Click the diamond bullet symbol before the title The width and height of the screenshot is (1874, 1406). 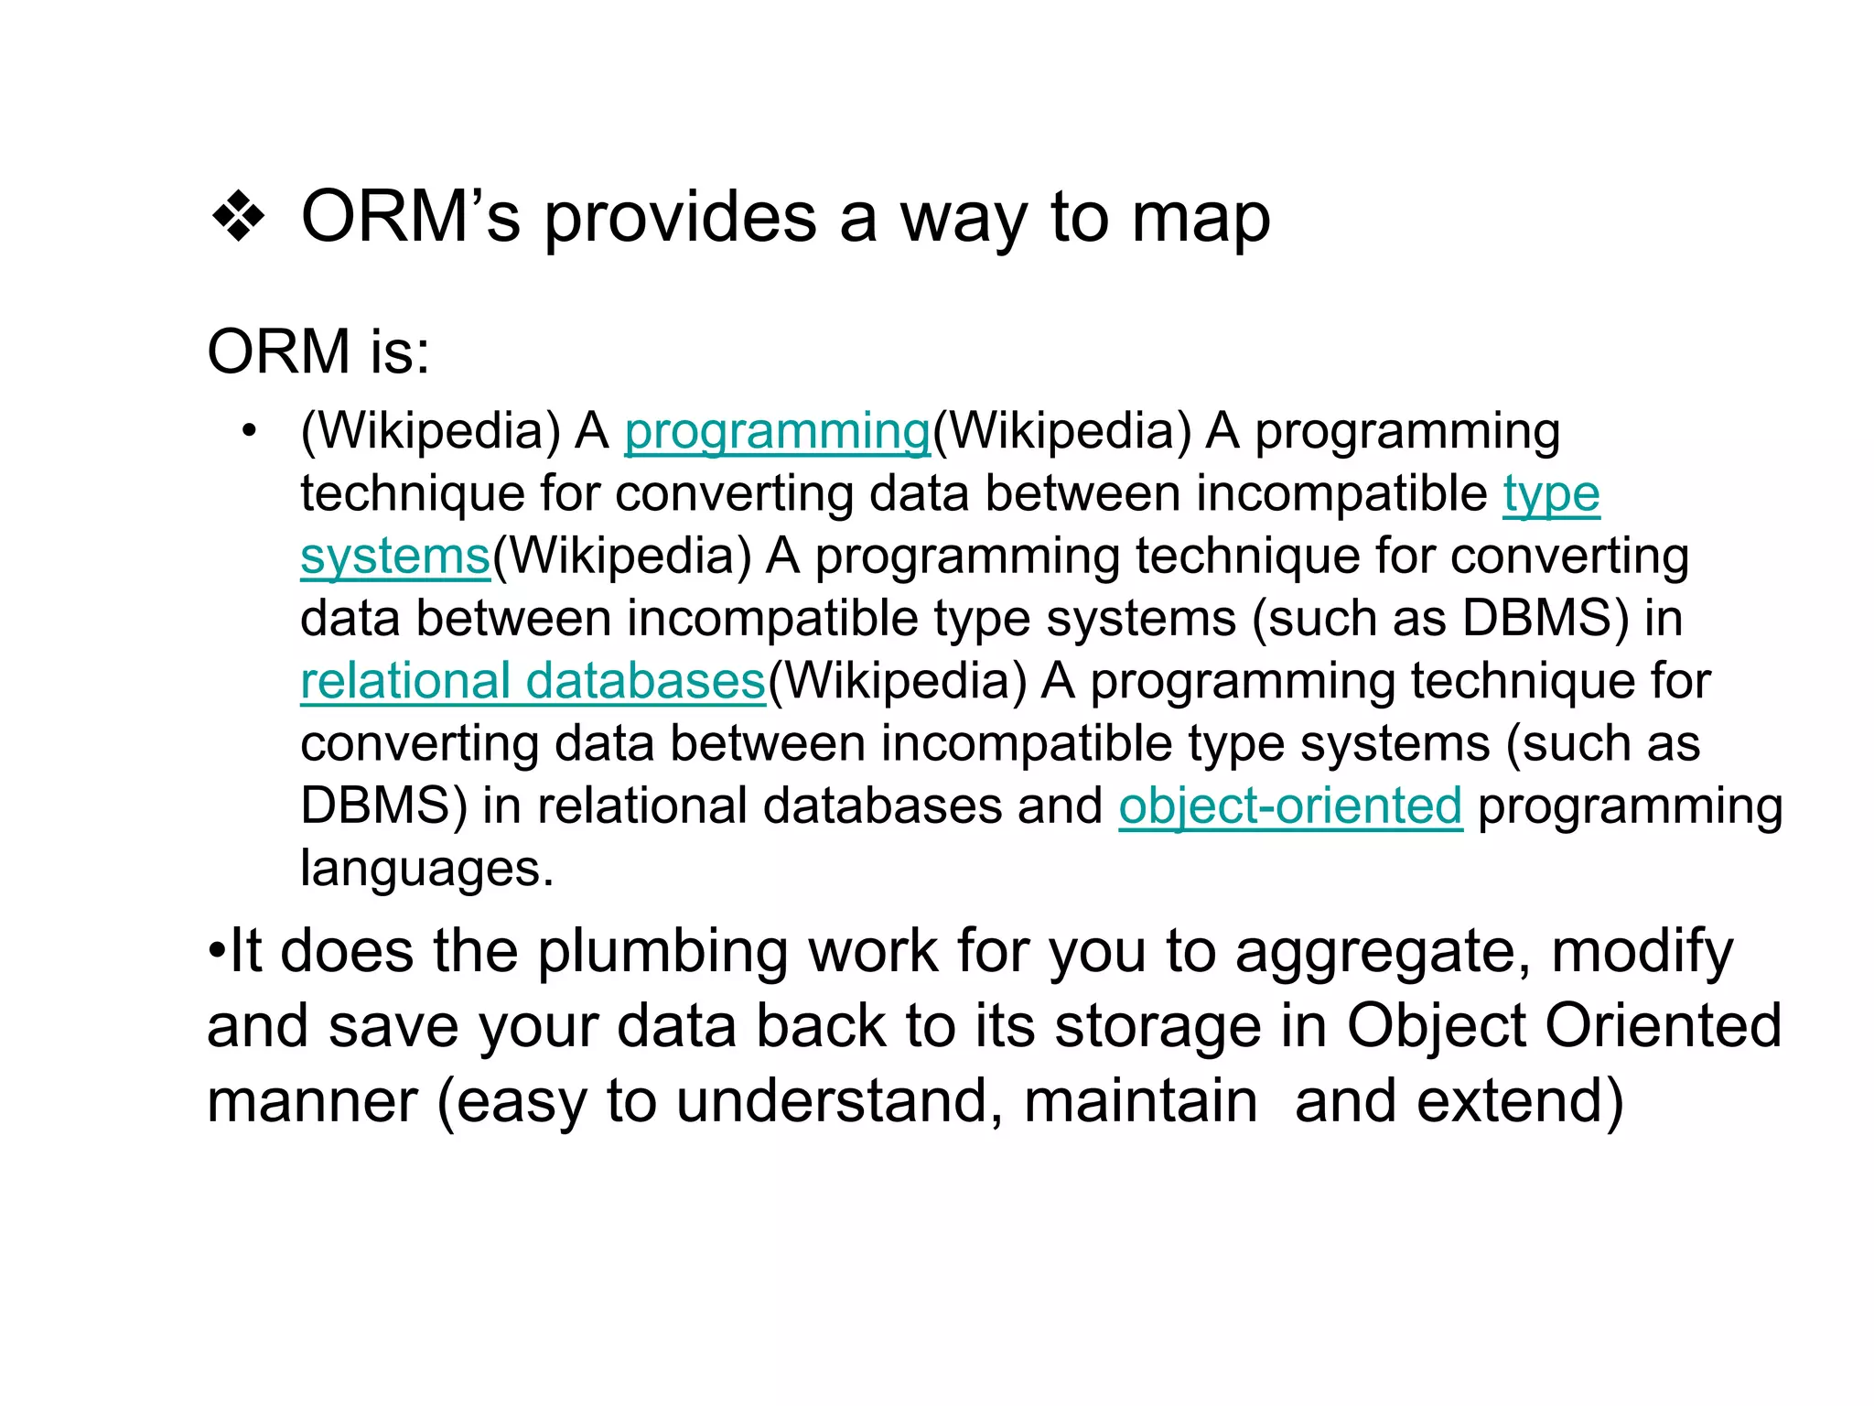[238, 218]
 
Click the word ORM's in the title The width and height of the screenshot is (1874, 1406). [410, 218]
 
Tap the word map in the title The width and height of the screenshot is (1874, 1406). [1200, 220]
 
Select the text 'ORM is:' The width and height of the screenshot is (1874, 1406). [318, 351]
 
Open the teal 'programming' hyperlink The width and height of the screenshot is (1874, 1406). [777, 432]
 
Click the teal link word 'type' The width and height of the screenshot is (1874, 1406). [1551, 495]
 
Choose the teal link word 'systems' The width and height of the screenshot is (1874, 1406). [395, 557]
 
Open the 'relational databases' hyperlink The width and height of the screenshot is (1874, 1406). [533, 682]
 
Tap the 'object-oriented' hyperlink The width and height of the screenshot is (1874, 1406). [1290, 806]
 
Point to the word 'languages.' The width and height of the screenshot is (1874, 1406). [427, 869]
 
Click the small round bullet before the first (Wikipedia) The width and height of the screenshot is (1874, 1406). [249, 430]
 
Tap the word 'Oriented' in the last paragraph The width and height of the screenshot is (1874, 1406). [1663, 1025]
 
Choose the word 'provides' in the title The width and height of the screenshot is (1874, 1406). [680, 220]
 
